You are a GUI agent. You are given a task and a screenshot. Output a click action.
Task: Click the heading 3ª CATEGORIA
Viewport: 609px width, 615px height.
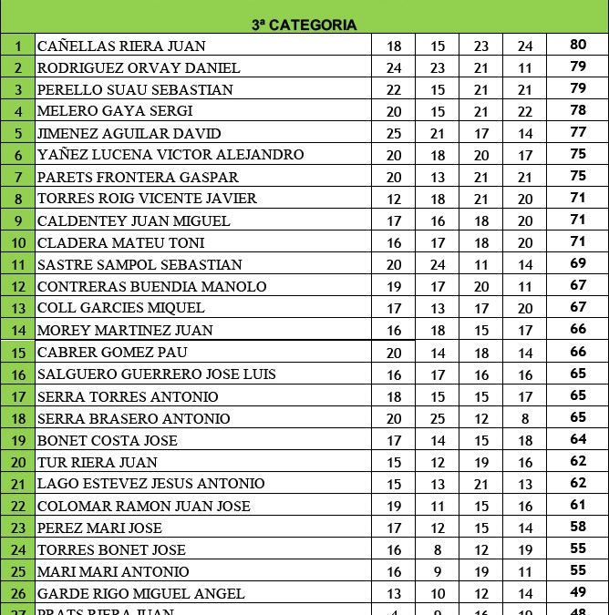click(x=304, y=25)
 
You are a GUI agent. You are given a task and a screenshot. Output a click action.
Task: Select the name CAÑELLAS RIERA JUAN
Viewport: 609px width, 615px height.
click(x=121, y=46)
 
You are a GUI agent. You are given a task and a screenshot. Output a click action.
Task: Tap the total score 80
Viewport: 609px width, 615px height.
click(x=578, y=46)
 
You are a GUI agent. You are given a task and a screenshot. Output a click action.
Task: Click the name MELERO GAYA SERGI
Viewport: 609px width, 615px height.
click(x=115, y=111)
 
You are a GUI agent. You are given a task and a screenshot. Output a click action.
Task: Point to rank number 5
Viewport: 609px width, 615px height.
click(x=17, y=133)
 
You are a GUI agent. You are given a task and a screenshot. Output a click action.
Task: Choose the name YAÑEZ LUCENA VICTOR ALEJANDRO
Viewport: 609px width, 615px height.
click(x=170, y=155)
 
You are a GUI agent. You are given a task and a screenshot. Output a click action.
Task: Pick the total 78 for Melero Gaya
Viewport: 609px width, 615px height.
click(x=578, y=111)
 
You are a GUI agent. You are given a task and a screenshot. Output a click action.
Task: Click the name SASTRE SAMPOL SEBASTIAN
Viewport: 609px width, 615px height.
click(x=139, y=264)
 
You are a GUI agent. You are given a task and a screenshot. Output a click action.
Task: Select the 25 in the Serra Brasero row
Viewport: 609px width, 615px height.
click(x=438, y=418)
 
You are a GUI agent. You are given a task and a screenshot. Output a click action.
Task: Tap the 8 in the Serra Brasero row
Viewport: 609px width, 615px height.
click(x=525, y=418)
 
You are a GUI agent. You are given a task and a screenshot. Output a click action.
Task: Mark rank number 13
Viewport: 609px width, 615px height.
click(x=17, y=308)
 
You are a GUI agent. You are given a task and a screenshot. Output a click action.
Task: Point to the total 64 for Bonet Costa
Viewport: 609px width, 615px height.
click(x=578, y=440)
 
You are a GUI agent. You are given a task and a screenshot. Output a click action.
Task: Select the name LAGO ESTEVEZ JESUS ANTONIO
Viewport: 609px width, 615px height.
click(x=151, y=484)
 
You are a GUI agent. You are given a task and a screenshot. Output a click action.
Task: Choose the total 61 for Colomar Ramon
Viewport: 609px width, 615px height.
click(x=578, y=506)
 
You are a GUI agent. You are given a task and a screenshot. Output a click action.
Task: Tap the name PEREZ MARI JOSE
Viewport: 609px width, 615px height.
click(x=99, y=528)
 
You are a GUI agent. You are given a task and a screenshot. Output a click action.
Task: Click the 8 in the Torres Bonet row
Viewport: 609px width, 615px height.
click(x=438, y=549)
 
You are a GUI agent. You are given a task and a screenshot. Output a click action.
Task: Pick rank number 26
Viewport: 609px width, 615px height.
click(x=17, y=593)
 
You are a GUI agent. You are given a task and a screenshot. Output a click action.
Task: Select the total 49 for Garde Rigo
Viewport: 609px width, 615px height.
click(x=578, y=593)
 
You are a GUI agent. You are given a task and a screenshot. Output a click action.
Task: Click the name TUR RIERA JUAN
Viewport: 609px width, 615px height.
click(x=98, y=462)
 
